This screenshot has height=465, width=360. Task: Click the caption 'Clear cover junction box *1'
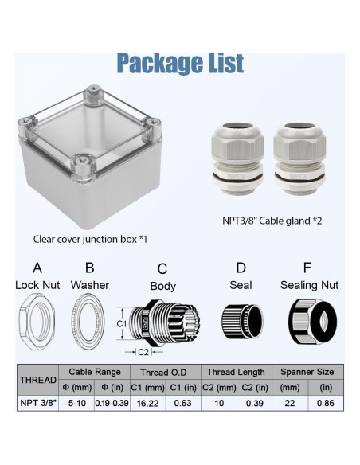[90, 238]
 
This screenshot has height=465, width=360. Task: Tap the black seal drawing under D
[241, 323]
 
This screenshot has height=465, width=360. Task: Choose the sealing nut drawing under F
[308, 322]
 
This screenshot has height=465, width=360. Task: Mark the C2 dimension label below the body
[144, 351]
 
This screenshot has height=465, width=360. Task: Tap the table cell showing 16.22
[152, 404]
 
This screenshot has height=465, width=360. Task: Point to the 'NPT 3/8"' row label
[37, 404]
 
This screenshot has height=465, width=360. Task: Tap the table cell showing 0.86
[326, 404]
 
